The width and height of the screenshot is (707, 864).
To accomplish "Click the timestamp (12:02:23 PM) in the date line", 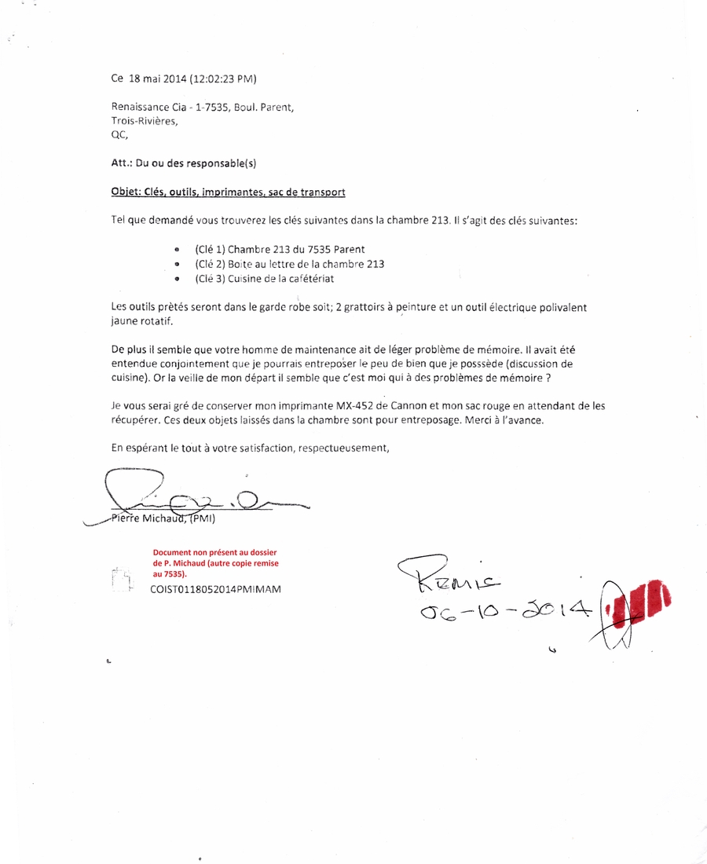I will (223, 79).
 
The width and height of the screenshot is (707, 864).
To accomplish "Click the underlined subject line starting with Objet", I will (229, 192).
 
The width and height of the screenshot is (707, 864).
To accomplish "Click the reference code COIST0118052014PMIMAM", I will (215, 588).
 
